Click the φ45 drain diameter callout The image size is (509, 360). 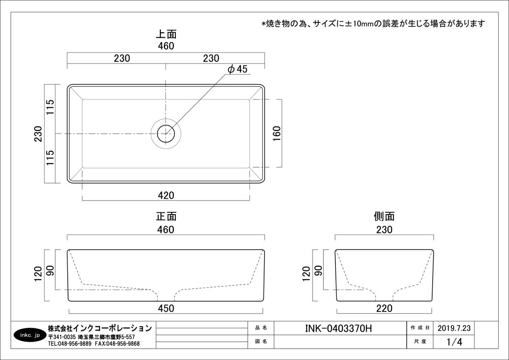click(x=237, y=69)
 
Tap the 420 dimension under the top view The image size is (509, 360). click(x=166, y=195)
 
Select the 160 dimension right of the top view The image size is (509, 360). click(x=277, y=134)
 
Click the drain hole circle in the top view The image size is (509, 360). click(x=166, y=134)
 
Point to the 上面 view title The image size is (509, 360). click(x=166, y=34)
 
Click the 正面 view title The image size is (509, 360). click(x=166, y=216)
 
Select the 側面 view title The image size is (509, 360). click(x=384, y=216)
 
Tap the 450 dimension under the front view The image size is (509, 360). click(x=166, y=308)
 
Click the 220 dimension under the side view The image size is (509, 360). click(x=384, y=308)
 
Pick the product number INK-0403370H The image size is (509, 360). click(x=339, y=329)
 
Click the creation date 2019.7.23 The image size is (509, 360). click(x=454, y=328)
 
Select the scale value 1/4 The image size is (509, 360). click(x=454, y=342)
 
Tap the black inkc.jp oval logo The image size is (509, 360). click(x=29, y=335)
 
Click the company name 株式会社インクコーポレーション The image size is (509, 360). click(x=100, y=328)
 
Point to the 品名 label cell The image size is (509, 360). click(x=261, y=328)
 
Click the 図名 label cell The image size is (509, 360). click(x=261, y=341)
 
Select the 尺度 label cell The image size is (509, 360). click(x=420, y=341)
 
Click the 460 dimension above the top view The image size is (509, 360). click(x=166, y=46)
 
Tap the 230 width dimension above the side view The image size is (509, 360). click(x=384, y=230)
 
